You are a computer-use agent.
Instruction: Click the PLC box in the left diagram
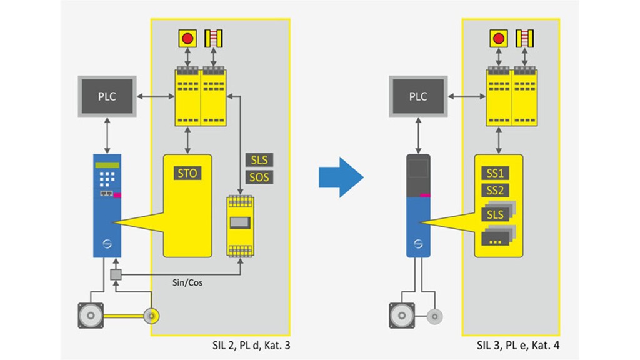(107, 96)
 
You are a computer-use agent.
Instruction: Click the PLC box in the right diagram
(417, 96)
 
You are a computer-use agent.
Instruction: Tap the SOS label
(259, 177)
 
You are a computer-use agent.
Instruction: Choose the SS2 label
(497, 191)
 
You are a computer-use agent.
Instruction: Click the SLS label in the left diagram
(259, 160)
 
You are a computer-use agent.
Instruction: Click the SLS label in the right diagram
(496, 214)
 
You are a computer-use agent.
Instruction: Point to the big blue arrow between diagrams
(341, 177)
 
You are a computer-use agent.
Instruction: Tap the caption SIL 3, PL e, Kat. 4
(516, 344)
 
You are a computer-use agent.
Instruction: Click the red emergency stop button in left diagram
(187, 39)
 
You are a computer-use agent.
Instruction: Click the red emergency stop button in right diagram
(498, 39)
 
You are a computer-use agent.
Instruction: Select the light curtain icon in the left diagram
(214, 39)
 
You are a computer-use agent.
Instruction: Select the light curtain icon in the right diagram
(524, 39)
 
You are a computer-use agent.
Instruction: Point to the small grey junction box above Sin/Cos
(115, 274)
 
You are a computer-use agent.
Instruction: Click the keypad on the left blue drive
(106, 177)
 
